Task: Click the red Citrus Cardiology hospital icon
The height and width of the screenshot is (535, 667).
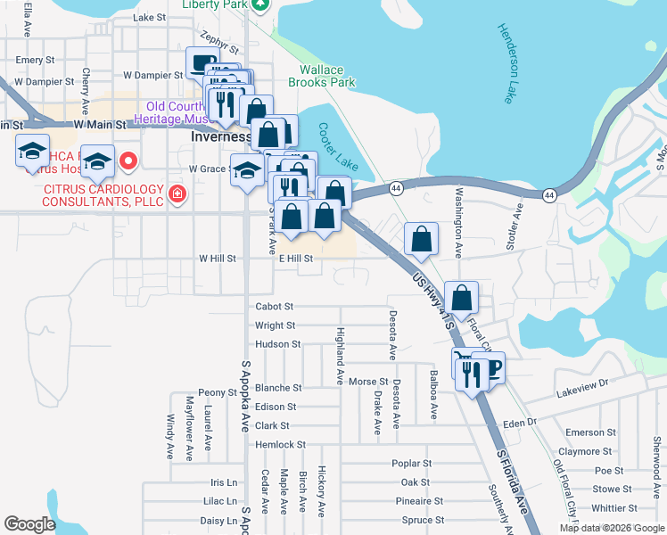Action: (177, 193)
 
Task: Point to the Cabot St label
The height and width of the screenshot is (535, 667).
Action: (275, 306)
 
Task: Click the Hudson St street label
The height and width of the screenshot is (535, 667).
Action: (277, 344)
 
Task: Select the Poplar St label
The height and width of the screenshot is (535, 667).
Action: (411, 464)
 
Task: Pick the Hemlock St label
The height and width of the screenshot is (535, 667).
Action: (280, 444)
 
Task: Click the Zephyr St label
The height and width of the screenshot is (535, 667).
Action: (220, 41)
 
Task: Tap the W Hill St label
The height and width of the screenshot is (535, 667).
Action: (217, 259)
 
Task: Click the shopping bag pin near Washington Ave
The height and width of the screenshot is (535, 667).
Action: (421, 239)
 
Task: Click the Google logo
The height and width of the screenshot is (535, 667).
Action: (29, 524)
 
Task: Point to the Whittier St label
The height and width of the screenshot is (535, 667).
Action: (613, 507)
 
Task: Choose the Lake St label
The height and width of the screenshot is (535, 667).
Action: (149, 17)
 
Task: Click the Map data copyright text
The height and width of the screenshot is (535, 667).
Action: (611, 528)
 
